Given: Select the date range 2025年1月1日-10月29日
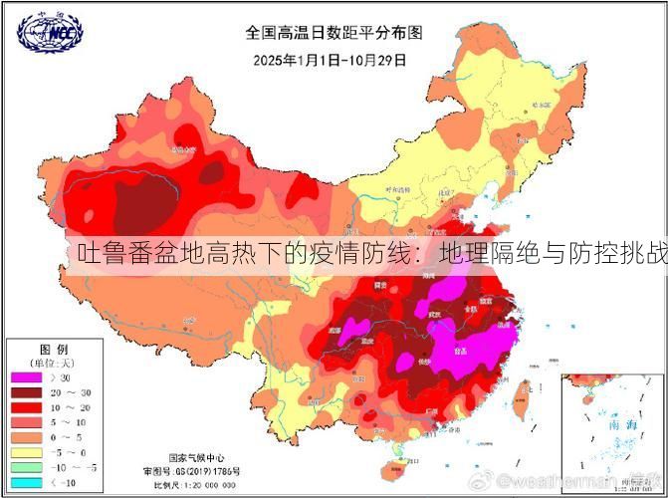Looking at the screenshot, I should [330, 59].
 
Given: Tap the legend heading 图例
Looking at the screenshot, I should [53, 350].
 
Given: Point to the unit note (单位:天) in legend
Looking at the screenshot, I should [54, 363].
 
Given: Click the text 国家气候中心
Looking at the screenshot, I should [195, 450].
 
